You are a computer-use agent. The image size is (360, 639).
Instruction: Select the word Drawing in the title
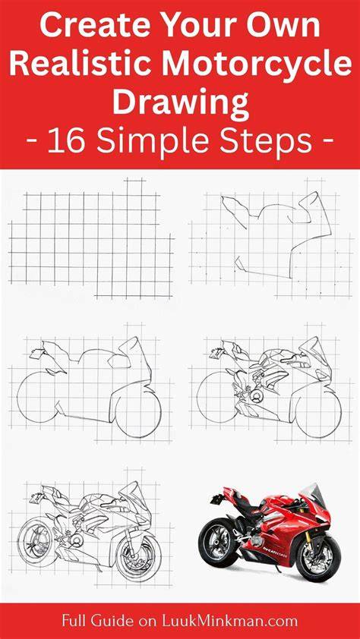(181, 104)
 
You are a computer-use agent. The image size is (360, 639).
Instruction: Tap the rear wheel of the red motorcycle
(218, 541)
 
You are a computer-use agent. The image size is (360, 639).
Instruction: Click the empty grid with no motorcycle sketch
(91, 238)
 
